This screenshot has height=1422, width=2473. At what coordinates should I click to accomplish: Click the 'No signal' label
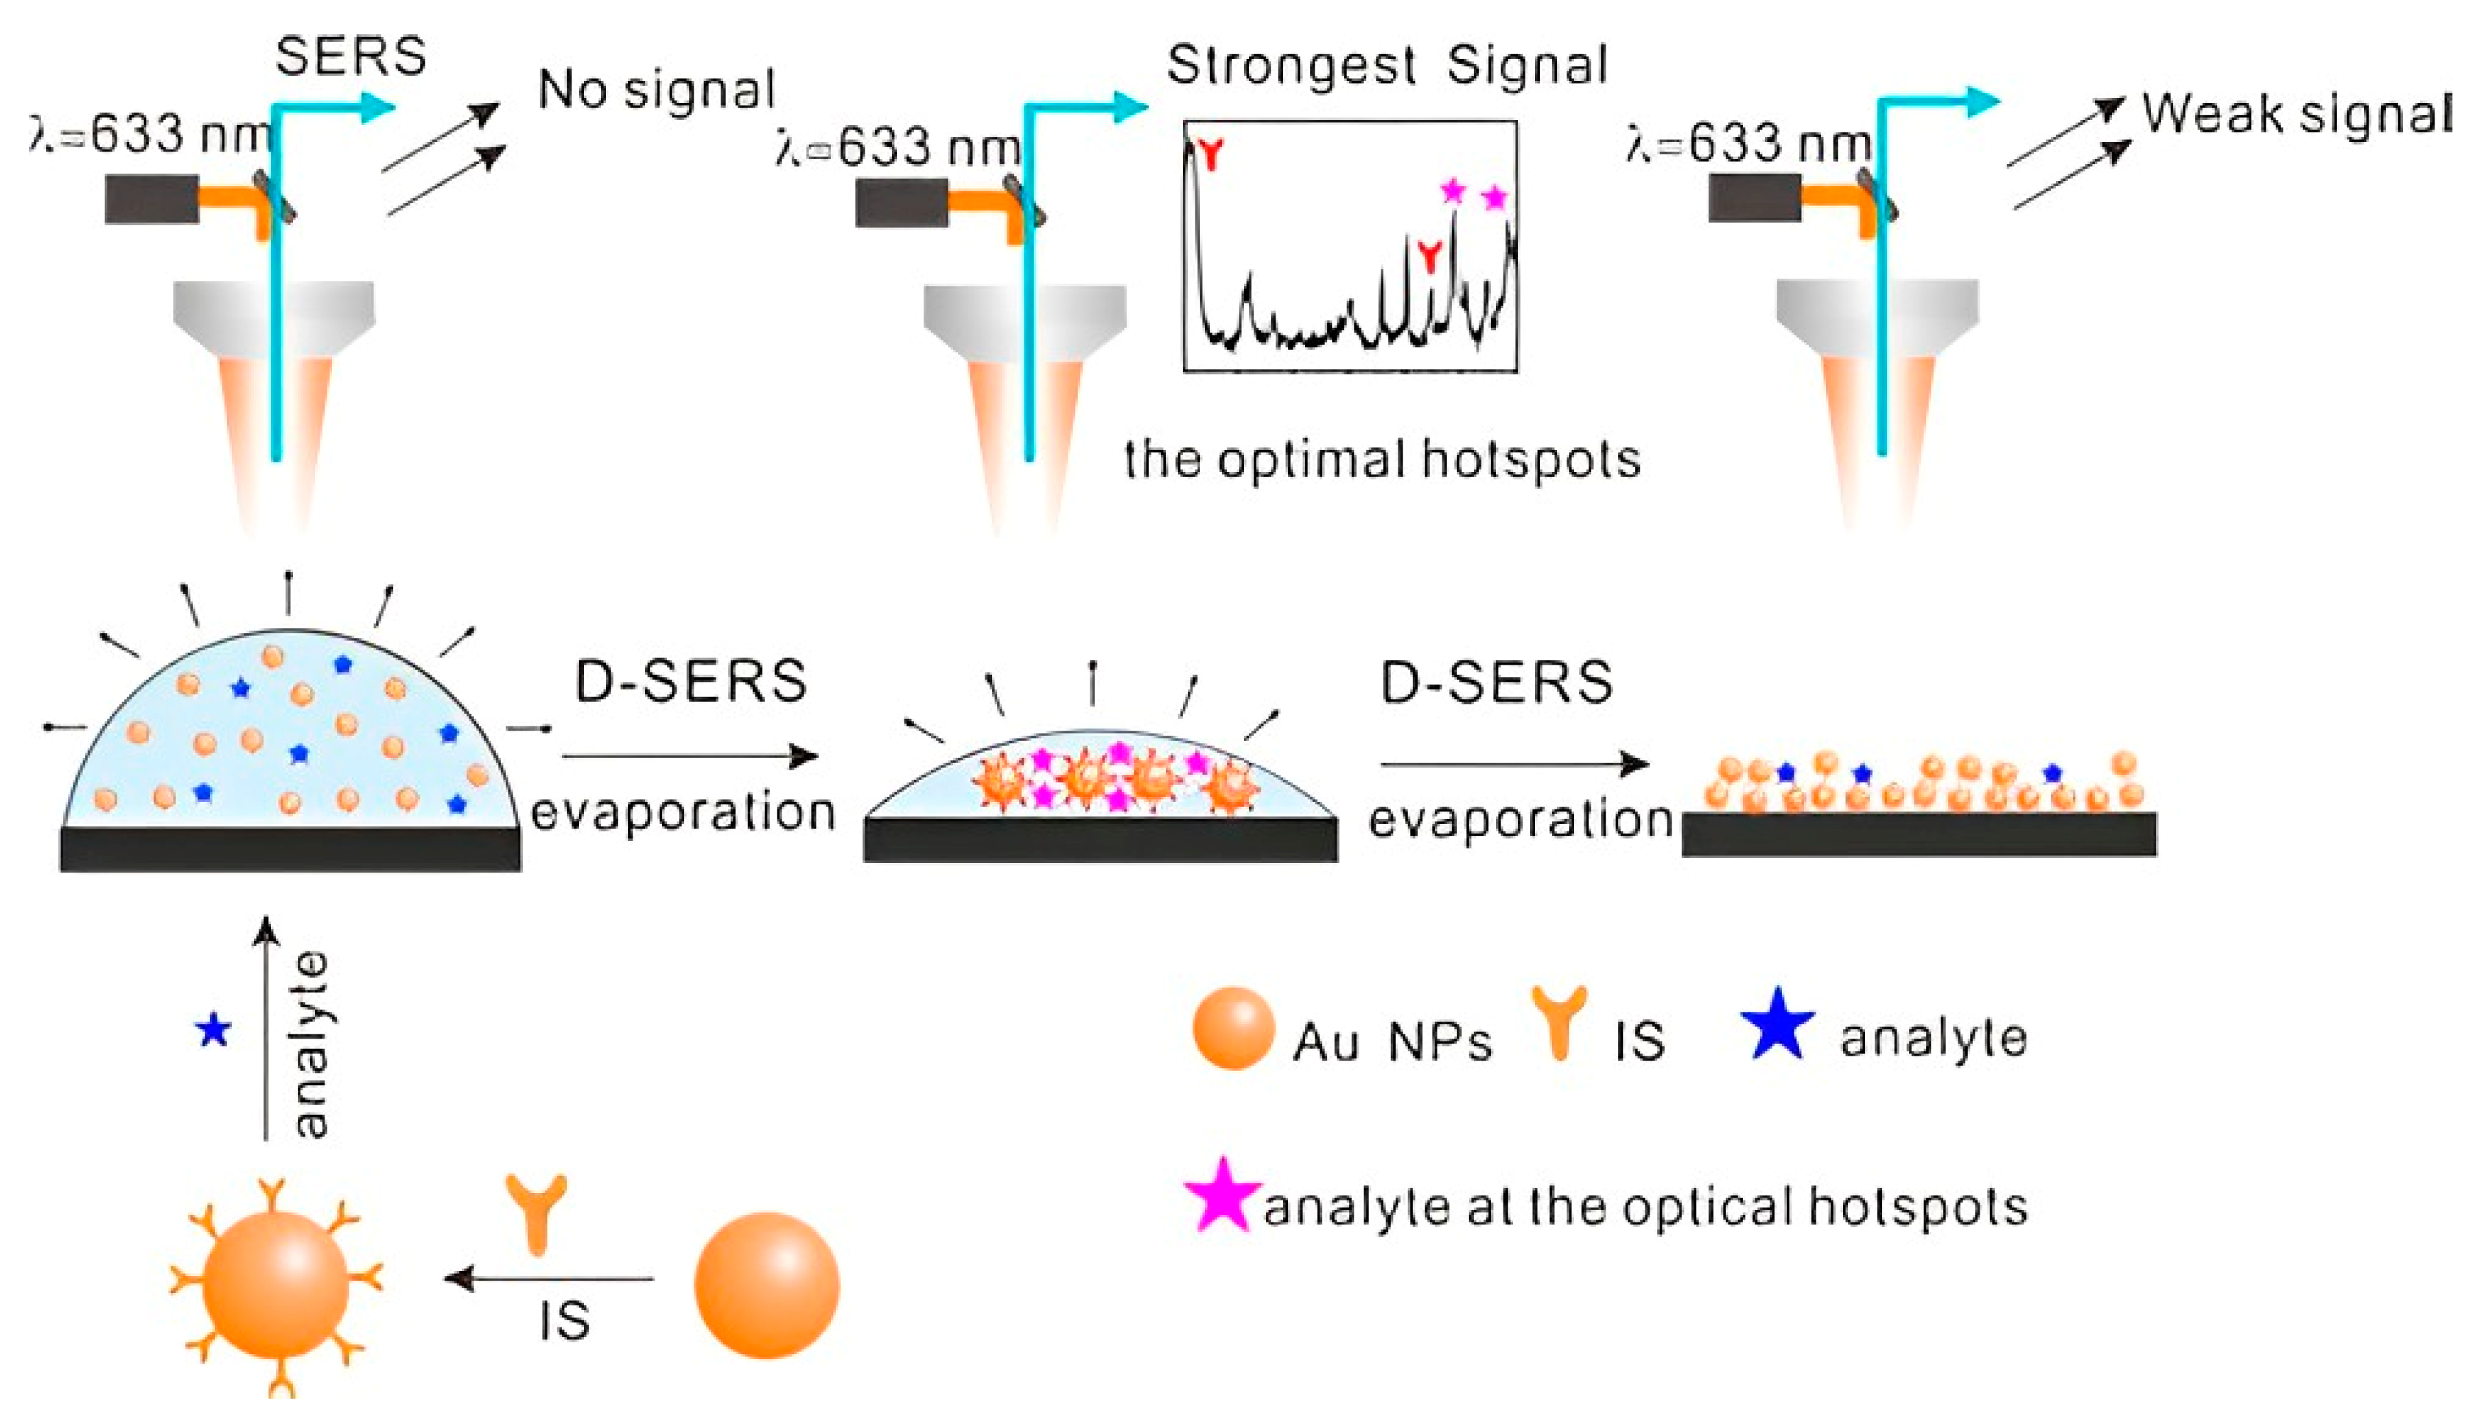point(657,90)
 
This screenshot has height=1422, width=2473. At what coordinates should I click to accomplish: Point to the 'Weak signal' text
point(2295,115)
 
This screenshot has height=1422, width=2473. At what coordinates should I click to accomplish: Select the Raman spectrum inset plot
point(1350,246)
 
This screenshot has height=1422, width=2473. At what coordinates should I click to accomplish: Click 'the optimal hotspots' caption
point(1382,459)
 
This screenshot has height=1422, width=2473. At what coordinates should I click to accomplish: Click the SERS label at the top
point(351,56)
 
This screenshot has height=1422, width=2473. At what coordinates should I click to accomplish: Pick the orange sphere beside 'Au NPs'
point(1232,1028)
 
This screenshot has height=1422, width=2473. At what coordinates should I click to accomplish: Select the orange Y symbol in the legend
point(1559,1021)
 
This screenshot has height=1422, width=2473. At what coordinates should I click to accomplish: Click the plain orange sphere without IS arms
point(766,1285)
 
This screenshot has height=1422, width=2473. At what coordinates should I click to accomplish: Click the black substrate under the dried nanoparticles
point(1919,834)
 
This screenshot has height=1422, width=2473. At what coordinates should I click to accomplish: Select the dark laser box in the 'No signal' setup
point(152,198)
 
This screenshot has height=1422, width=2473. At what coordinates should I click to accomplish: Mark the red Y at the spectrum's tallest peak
point(1211,154)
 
